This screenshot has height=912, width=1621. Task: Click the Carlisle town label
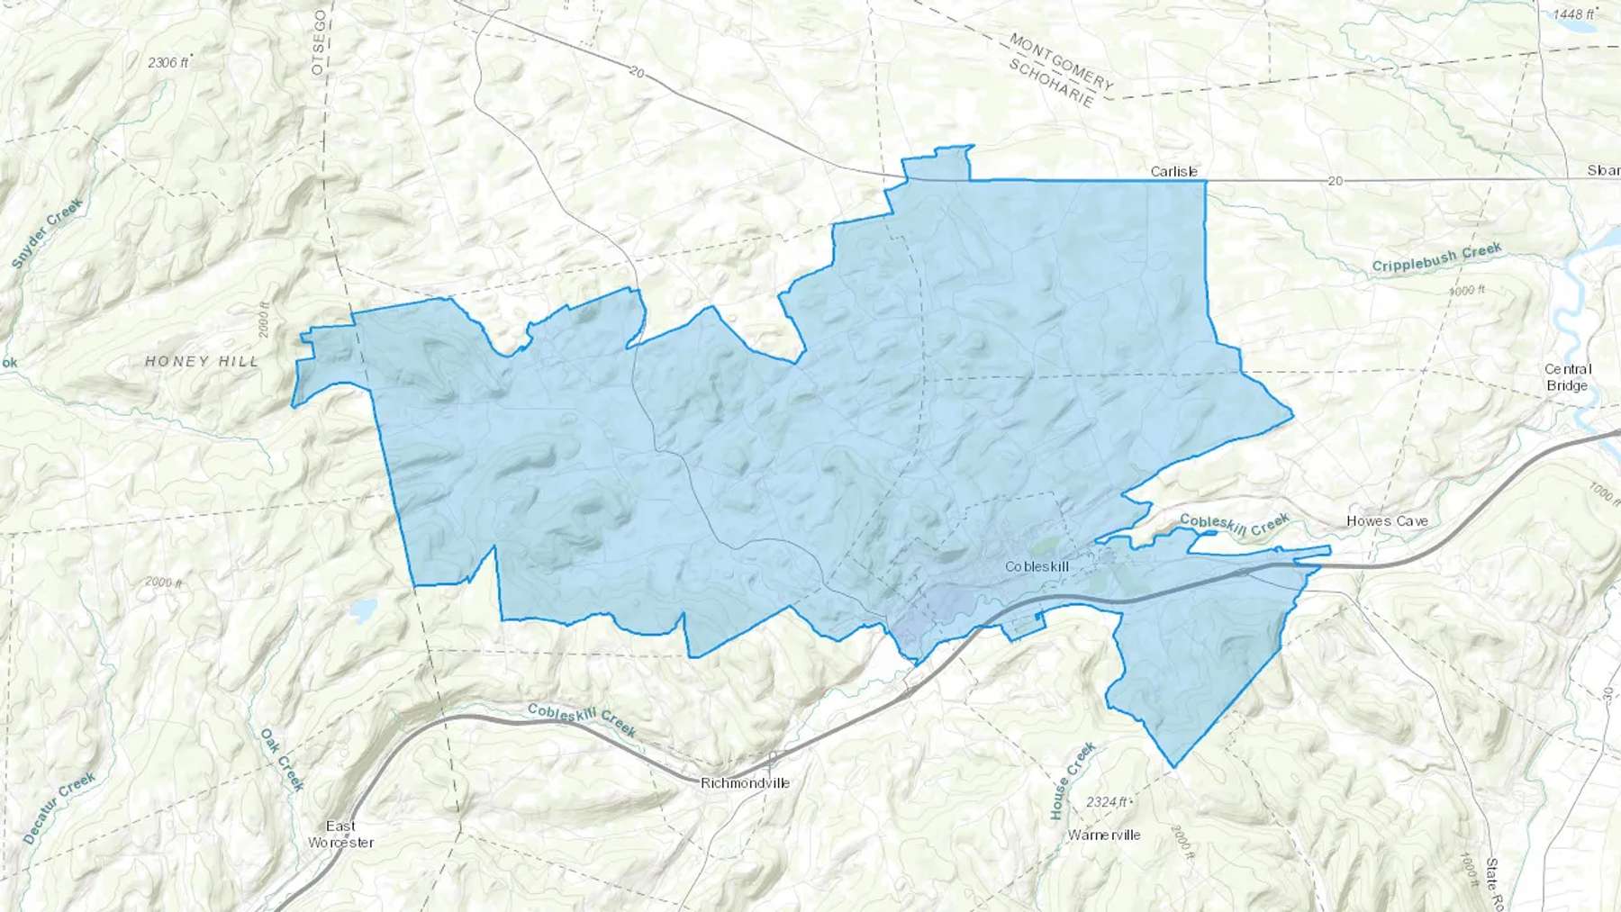[1174, 171]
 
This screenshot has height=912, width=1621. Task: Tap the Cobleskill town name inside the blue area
[1037, 566]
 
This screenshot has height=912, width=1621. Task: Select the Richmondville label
[745, 782]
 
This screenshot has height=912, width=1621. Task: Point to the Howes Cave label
[1387, 520]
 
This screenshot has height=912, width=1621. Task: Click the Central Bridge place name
[1568, 377]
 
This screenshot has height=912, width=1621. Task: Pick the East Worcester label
[340, 834]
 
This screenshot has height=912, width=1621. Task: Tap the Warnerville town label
[1104, 835]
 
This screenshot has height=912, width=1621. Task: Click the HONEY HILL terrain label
[202, 361]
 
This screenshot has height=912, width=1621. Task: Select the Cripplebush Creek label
[1436, 258]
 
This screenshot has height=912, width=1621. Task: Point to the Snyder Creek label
[47, 233]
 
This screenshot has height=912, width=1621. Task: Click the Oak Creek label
[282, 759]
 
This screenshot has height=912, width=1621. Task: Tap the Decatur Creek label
[59, 808]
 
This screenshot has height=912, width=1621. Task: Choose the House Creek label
[1072, 781]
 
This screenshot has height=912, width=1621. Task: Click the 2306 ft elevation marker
[169, 62]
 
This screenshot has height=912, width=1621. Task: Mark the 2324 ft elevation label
[1107, 801]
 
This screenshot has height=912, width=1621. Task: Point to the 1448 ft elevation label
[1573, 14]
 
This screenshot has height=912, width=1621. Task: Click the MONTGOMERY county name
[1061, 62]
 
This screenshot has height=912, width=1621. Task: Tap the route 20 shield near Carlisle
[1335, 181]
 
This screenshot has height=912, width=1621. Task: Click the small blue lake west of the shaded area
[364, 611]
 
